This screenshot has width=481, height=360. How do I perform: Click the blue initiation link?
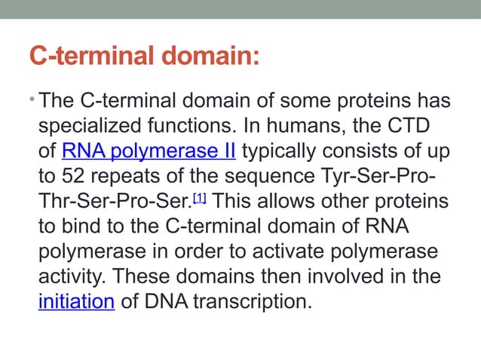[x=76, y=302]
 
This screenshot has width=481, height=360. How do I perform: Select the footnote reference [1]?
[x=200, y=197]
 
